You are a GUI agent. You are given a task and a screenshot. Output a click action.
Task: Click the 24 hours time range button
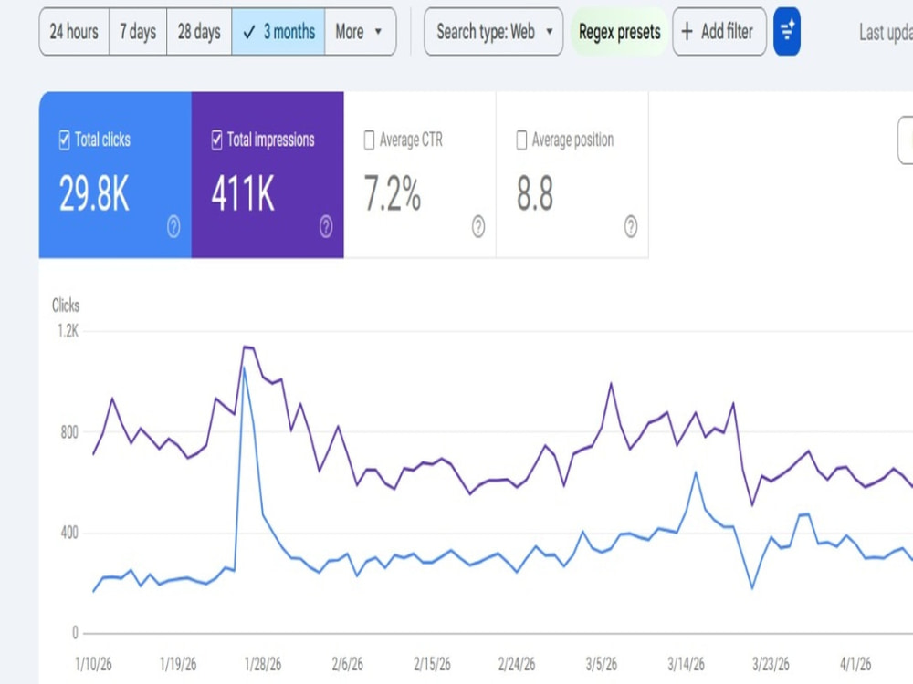pyautogui.click(x=74, y=31)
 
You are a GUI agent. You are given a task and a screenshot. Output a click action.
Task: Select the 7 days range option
pyautogui.click(x=138, y=31)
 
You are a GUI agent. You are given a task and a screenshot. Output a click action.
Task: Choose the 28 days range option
pyautogui.click(x=199, y=31)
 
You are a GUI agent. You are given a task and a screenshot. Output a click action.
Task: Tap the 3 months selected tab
pyautogui.click(x=278, y=31)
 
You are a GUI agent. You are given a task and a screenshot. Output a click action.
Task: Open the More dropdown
pyautogui.click(x=360, y=31)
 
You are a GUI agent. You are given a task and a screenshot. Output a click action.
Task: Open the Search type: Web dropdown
pyautogui.click(x=494, y=31)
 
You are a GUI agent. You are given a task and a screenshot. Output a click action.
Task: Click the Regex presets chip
pyautogui.click(x=620, y=31)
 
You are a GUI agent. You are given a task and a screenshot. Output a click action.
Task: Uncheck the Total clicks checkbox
pyautogui.click(x=65, y=140)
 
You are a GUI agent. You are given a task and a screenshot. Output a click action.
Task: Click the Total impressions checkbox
pyautogui.click(x=216, y=140)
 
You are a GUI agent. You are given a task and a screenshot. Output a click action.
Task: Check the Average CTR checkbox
pyautogui.click(x=369, y=140)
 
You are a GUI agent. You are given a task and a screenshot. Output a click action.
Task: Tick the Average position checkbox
pyautogui.click(x=521, y=140)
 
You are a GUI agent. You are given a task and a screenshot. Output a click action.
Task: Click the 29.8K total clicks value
pyautogui.click(x=94, y=193)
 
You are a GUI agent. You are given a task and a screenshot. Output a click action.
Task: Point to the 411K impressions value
pyautogui.click(x=242, y=193)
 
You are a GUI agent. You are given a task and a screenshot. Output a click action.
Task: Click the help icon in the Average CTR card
pyautogui.click(x=478, y=226)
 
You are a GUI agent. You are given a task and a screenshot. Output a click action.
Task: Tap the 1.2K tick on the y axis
pyautogui.click(x=68, y=331)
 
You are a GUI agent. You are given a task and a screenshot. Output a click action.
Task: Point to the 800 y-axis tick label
pyautogui.click(x=69, y=432)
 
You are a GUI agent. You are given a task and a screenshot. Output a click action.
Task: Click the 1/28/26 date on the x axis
pyautogui.click(x=263, y=664)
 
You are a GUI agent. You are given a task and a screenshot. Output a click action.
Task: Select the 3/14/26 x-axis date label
pyautogui.click(x=686, y=664)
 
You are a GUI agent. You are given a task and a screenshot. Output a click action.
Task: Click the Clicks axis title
pyautogui.click(x=66, y=306)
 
